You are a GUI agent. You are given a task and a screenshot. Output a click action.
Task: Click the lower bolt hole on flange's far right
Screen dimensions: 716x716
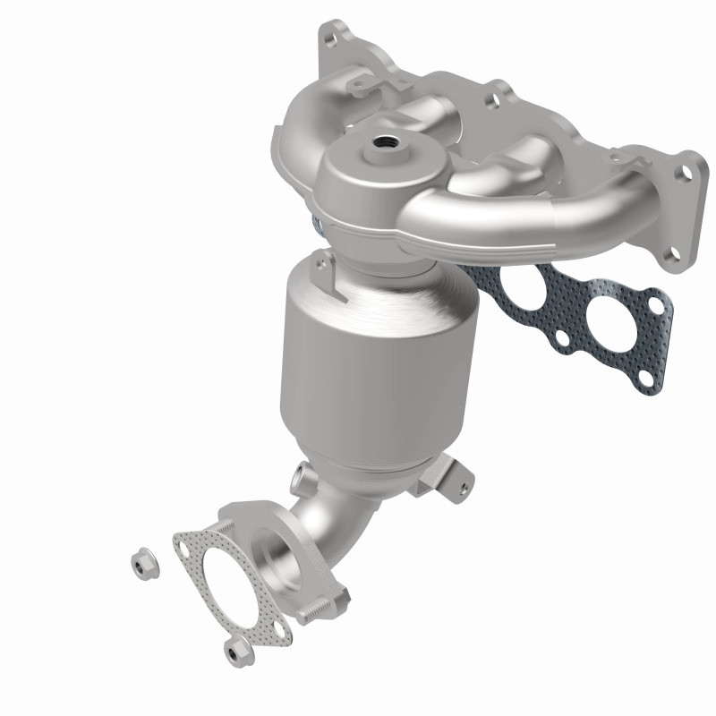pos(667,265)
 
